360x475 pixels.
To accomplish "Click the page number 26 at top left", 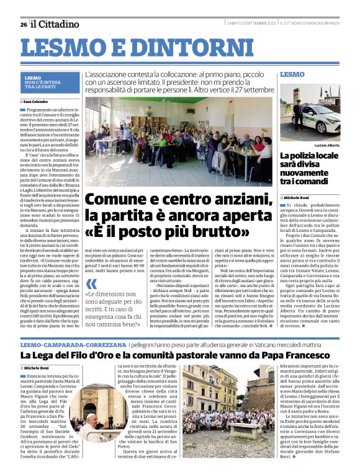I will tap(23, 24).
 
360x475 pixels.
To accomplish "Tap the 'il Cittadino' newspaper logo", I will tap(56, 24).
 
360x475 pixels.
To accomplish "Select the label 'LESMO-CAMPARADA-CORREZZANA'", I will tap(64, 343).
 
